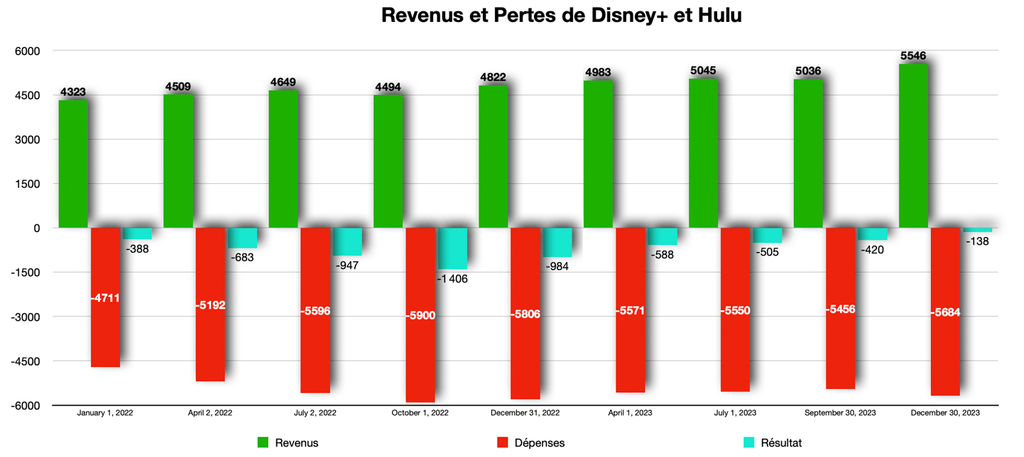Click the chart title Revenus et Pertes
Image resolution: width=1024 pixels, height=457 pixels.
tap(561, 16)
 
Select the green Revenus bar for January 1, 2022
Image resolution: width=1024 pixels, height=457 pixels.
tap(73, 163)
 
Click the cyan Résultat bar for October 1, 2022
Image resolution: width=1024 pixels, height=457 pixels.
tap(452, 248)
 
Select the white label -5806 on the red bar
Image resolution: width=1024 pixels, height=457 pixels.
tap(525, 314)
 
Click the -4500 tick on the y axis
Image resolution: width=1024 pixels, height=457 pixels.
tap(26, 361)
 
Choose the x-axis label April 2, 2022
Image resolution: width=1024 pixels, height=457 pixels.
tap(209, 412)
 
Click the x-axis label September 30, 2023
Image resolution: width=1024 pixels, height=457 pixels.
tap(840, 412)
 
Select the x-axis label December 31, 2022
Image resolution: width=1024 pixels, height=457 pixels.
tap(525, 412)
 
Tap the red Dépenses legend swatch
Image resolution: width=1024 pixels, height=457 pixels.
tap(503, 443)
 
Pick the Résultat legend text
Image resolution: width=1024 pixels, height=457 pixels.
tap(780, 443)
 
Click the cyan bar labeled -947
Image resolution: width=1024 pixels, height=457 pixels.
tap(347, 241)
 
